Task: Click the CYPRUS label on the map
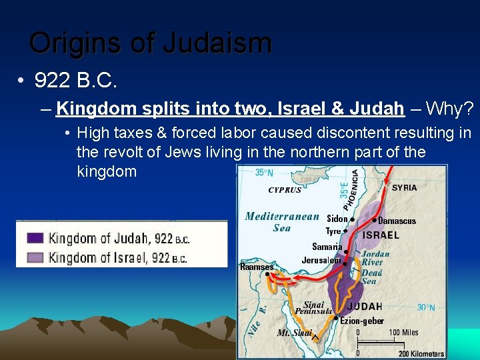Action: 285,190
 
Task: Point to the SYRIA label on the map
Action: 405,188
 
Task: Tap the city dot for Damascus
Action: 375,220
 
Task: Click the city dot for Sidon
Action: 352,219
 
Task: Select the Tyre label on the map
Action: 333,231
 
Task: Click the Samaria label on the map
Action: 327,247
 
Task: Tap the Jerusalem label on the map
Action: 321,260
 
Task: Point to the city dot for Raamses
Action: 267,273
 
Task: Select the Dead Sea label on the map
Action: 372,277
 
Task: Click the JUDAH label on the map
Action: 365,307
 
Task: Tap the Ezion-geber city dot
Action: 335,319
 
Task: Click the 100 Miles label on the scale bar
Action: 404,332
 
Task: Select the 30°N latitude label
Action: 427,308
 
